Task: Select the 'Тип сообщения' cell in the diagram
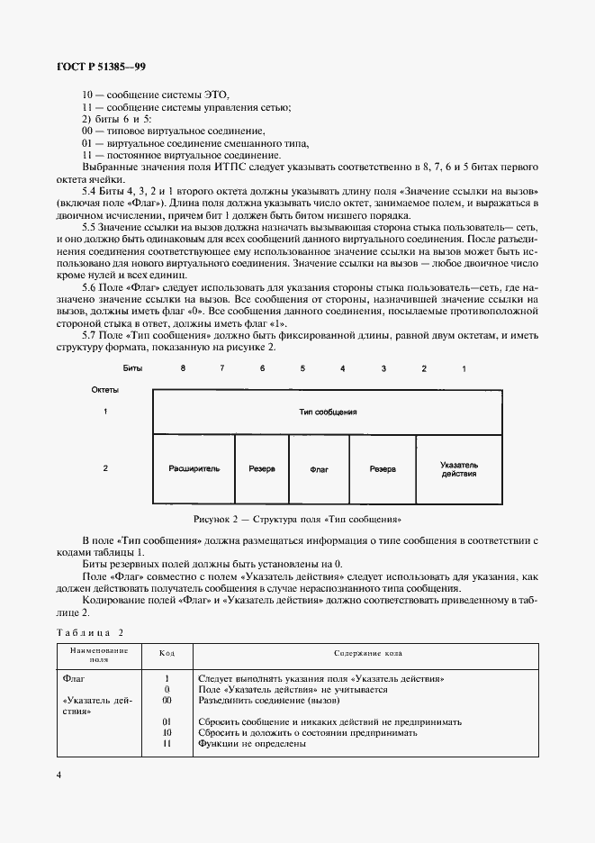[x=328, y=412]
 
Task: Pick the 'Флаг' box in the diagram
[x=319, y=469]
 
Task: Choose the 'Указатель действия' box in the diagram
[x=458, y=469]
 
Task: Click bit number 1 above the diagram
[x=464, y=369]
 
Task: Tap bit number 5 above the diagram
[x=302, y=369]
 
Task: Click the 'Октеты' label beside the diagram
[x=105, y=390]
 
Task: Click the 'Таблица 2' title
[x=90, y=633]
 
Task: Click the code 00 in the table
[x=167, y=699]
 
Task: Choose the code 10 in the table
[x=167, y=732]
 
